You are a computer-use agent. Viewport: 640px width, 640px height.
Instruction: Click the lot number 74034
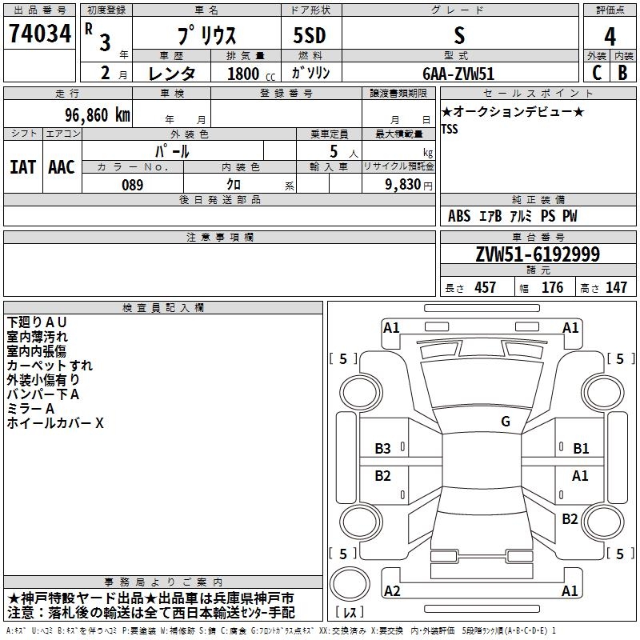pos(40,33)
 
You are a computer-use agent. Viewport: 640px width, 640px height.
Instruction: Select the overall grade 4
pos(610,36)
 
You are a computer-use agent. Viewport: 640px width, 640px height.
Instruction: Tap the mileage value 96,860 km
pos(97,115)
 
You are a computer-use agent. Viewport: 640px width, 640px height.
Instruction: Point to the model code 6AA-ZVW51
pos(458,74)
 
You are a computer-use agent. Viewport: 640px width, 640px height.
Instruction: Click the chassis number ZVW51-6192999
pos(538,254)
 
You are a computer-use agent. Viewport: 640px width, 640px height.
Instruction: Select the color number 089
pos(132,185)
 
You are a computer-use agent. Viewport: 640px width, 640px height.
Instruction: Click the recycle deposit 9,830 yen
pos(408,185)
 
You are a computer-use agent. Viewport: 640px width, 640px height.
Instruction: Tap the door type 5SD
pos(310,35)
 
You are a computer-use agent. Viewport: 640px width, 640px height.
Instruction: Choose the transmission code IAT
pos(22,167)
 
